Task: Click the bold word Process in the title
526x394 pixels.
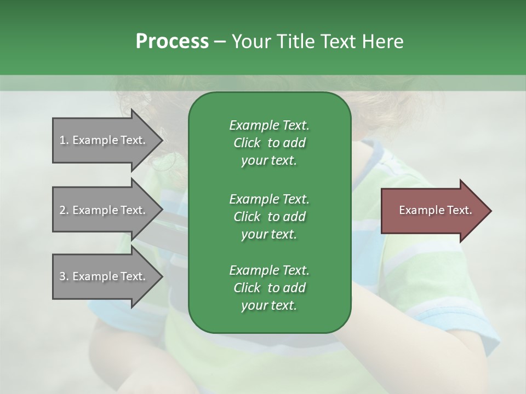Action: [172, 41]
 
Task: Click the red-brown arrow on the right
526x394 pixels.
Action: [433, 211]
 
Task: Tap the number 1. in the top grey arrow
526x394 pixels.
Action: [64, 140]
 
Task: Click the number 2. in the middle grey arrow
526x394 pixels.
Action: [64, 210]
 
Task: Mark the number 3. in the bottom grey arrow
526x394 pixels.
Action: [64, 276]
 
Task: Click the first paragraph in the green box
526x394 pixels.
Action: [269, 143]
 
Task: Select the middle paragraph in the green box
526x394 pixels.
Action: [269, 216]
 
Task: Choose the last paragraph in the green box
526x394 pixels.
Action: [269, 288]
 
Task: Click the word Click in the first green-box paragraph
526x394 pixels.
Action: [247, 143]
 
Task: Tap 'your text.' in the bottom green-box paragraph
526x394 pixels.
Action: [269, 306]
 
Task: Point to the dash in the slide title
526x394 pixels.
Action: [220, 42]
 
